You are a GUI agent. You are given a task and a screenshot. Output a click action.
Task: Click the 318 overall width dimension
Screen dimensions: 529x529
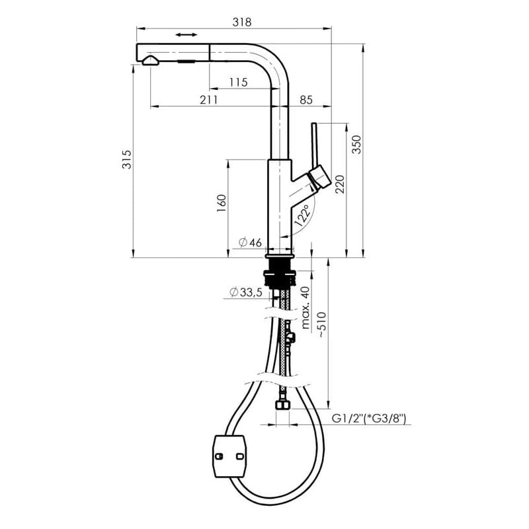tap(242, 22)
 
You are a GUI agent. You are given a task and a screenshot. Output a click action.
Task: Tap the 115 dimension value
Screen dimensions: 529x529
tap(239, 82)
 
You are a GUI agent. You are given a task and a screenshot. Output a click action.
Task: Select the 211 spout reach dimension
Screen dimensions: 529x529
tap(209, 100)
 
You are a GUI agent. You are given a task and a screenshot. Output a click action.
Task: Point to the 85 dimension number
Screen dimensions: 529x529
tap(306, 100)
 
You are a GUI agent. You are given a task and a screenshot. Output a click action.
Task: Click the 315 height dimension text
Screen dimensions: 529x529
tap(127, 159)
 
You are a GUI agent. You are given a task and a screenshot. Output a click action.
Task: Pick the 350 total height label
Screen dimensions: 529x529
tap(356, 144)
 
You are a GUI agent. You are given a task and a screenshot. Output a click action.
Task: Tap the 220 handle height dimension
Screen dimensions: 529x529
tap(340, 184)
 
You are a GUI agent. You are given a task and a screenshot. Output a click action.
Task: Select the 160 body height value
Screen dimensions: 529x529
tap(222, 203)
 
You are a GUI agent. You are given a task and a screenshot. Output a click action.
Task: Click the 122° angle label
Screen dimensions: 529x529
tap(303, 214)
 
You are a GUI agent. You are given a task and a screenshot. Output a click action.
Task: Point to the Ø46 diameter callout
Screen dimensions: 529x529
tap(250, 242)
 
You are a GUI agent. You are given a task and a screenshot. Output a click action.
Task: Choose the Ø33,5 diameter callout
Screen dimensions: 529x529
tap(245, 292)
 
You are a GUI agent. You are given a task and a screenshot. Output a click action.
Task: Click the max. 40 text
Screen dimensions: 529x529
tap(305, 307)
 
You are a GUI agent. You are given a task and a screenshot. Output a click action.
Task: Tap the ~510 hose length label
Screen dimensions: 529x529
tap(321, 325)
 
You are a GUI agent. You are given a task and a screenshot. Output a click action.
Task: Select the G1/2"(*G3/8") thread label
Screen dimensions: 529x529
tap(369, 419)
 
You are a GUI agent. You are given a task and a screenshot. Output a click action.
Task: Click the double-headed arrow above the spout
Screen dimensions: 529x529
tap(186, 35)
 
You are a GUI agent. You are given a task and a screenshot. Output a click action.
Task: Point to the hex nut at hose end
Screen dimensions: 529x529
tap(283, 404)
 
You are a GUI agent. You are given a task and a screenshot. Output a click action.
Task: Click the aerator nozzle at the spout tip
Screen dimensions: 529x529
tap(150, 61)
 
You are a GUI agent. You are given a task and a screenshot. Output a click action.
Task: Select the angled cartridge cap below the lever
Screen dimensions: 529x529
tap(321, 177)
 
